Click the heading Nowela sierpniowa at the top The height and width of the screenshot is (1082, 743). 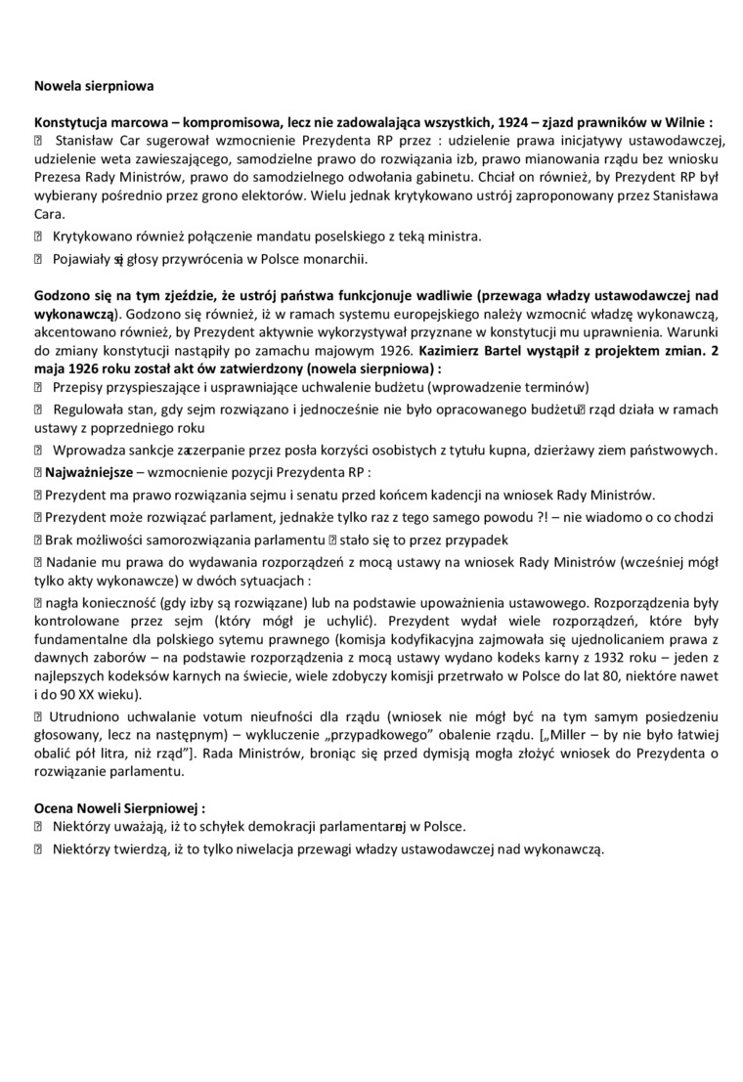[x=94, y=86]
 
